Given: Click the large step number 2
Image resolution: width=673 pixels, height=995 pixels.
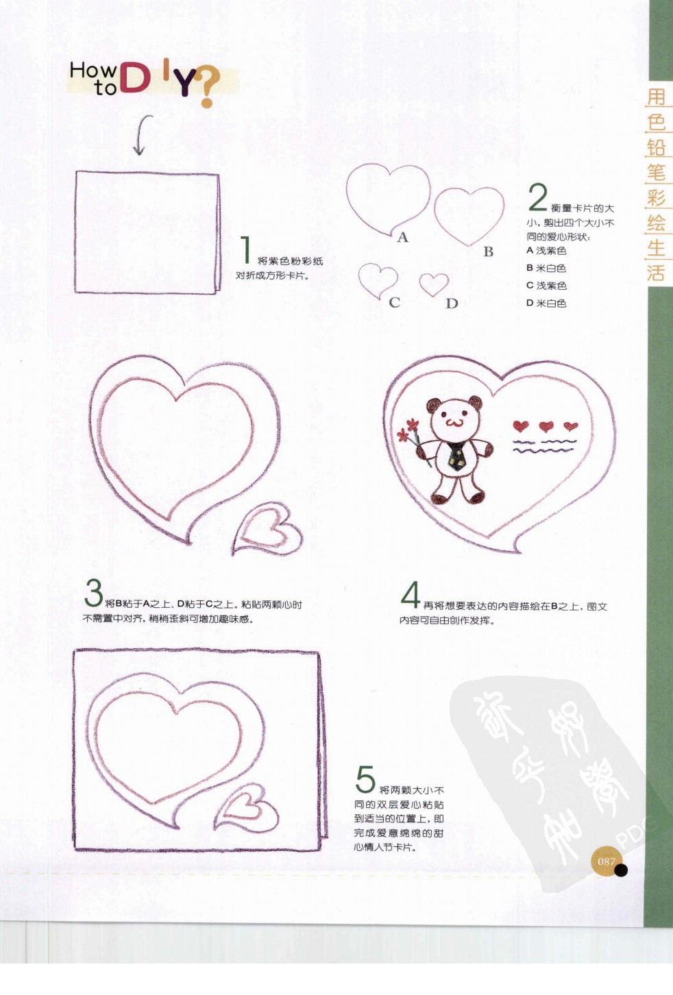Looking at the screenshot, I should coord(538,197).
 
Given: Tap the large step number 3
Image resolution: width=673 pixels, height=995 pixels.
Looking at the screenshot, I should coord(93,593).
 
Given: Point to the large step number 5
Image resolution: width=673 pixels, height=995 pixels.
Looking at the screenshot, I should coord(365,780).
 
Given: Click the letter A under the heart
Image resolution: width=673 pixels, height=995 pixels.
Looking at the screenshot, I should coord(402,238).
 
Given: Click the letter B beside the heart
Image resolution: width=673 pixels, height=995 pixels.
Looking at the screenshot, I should coord(488,251).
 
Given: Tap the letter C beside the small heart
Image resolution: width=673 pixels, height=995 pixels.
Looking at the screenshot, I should coord(394,302).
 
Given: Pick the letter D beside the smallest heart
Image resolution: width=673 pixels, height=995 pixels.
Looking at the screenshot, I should coord(452,304).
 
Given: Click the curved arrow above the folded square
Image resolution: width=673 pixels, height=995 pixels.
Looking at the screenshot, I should coord(142,134).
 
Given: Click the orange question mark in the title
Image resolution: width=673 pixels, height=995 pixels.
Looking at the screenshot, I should coord(208,87).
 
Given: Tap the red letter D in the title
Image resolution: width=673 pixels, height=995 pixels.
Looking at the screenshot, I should coord(135,78).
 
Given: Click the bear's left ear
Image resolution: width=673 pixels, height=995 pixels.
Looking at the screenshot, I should coord(434,405).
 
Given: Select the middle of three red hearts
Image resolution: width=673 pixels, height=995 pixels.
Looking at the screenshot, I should coord(546,427).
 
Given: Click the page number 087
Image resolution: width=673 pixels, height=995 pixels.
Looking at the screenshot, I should coord(606,861).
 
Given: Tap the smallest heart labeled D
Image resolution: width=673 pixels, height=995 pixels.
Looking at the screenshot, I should coord(434,283).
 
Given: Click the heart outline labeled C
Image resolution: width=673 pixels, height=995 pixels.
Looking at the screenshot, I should coord(378,279).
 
